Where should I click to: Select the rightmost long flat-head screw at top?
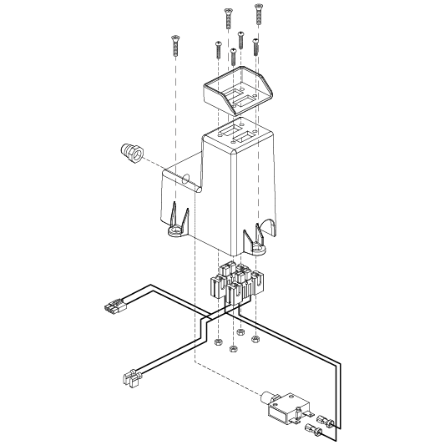click(x=258, y=16)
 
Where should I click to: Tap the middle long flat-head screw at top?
click(x=225, y=18)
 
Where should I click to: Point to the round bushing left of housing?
click(x=130, y=153)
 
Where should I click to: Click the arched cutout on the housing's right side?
click(x=269, y=228)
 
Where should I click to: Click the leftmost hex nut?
click(x=217, y=342)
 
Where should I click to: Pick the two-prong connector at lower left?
click(x=130, y=379)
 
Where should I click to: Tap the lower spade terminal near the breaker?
click(x=315, y=431)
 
